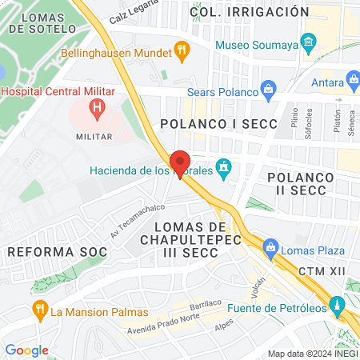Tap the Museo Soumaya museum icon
point(308,41)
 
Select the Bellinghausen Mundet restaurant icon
point(182,54)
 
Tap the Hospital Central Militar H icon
point(97,106)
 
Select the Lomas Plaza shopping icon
point(271,246)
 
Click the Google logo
point(26,350)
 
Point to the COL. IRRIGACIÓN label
point(250,12)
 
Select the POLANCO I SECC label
point(218,124)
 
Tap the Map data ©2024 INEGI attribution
point(312,354)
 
